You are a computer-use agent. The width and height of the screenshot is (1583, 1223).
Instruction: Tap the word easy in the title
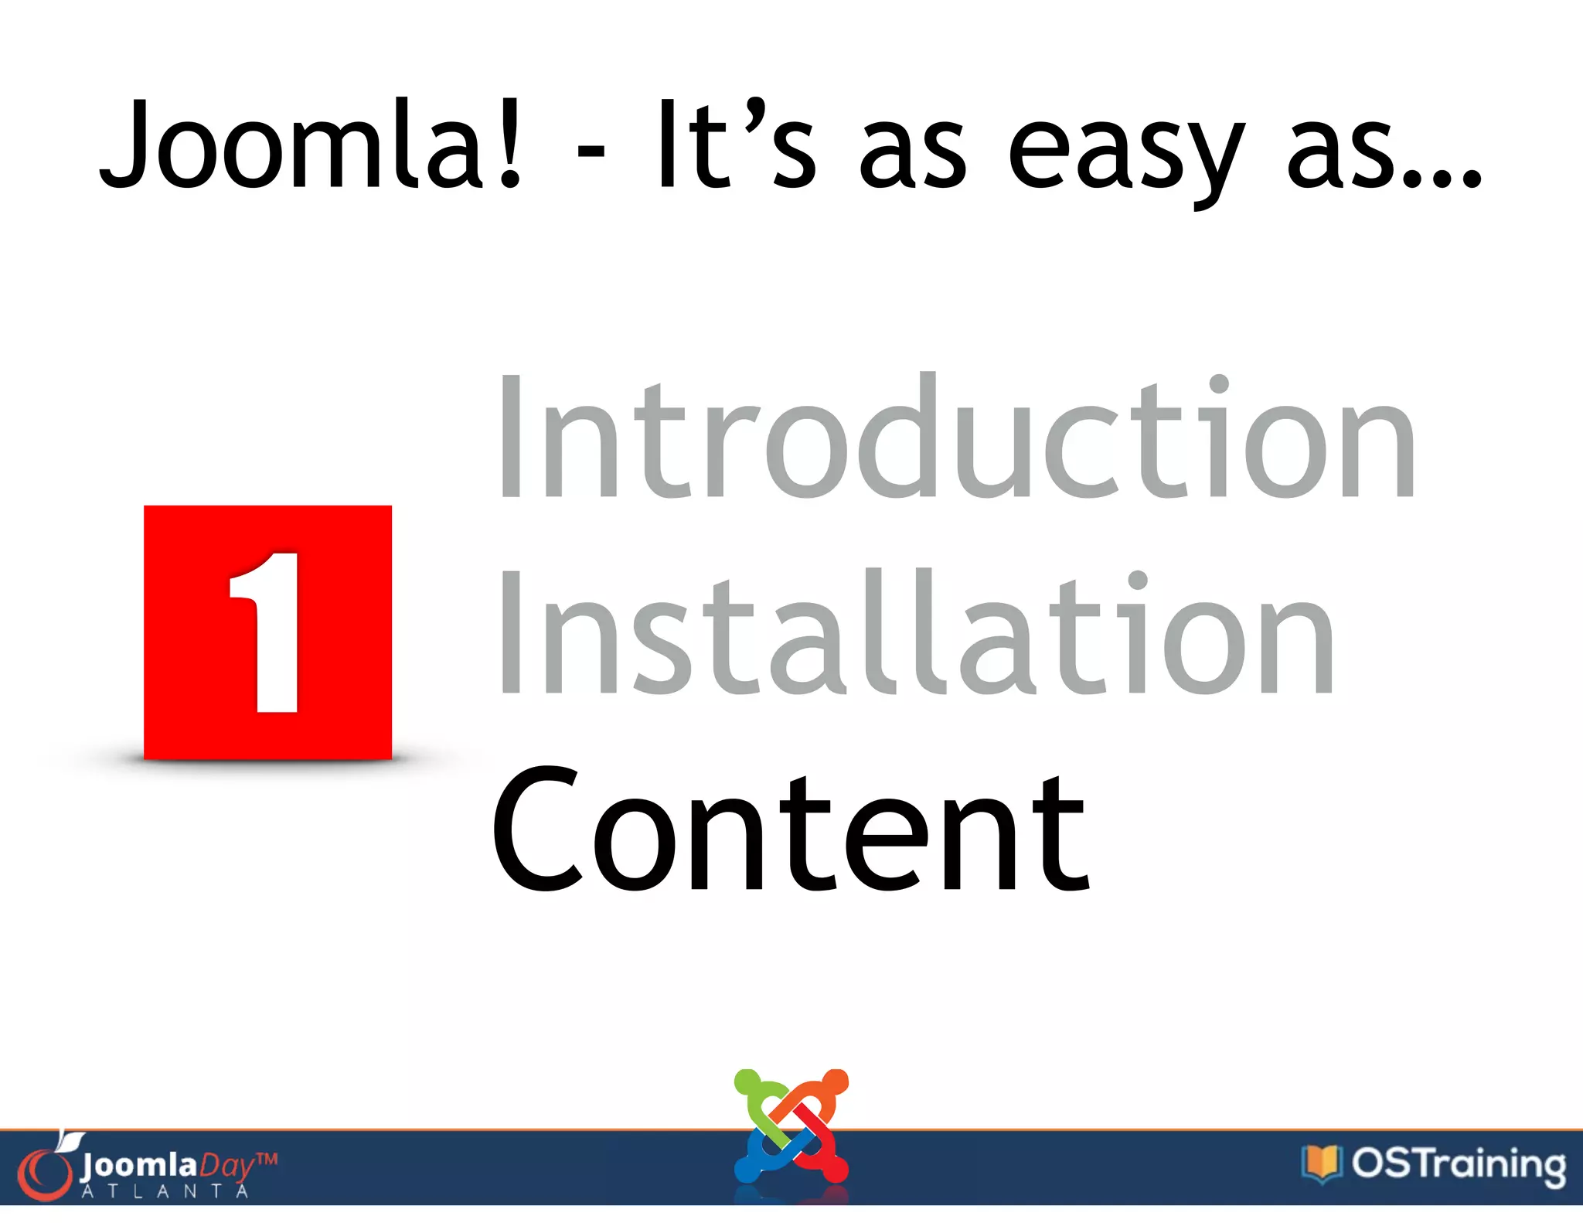pos(1125,151)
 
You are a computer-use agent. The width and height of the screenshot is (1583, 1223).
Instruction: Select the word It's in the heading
pos(735,145)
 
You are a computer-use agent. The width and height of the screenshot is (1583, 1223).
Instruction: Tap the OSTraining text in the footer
pos(1459,1164)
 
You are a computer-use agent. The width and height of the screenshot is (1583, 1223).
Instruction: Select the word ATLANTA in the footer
pos(165,1191)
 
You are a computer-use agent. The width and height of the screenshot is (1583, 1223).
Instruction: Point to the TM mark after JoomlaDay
pos(266,1159)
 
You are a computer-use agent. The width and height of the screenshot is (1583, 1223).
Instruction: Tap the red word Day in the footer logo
pos(226,1165)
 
